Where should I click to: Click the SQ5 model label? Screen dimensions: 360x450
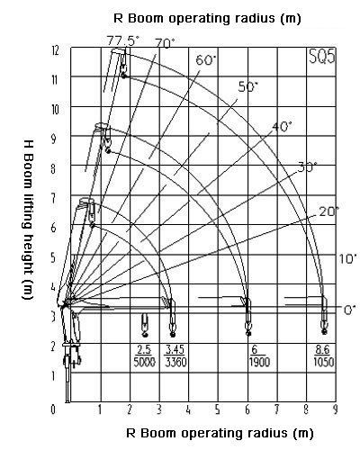coord(322,56)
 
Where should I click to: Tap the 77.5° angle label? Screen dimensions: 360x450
coord(123,40)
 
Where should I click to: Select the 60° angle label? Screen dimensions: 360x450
coord(206,60)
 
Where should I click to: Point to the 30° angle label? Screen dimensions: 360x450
coord(307,166)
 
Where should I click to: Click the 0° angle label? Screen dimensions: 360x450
coord(350,310)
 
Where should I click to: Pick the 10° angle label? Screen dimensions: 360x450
coord(348,258)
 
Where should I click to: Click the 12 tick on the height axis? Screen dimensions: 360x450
coord(54,50)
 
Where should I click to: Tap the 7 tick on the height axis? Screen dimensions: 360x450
coord(53,198)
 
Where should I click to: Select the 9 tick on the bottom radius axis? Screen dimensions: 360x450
coord(336,409)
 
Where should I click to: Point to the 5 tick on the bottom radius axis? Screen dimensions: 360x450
coord(218,409)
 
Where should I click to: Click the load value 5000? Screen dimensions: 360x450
coord(145,362)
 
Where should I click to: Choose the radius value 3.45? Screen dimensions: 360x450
coord(175,350)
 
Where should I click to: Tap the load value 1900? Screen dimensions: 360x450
coord(259,362)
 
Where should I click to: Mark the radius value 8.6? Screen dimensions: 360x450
coord(323,350)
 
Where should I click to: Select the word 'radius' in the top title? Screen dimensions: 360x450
coord(255,18)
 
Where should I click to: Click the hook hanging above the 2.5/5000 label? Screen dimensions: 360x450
coord(145,325)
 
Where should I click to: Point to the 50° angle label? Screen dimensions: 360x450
coord(248,87)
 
